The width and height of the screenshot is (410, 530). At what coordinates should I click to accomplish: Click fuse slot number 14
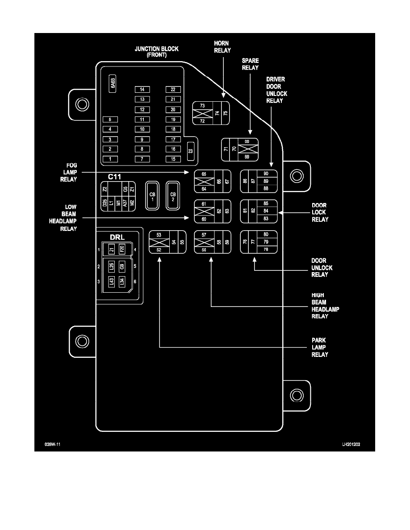(x=142, y=90)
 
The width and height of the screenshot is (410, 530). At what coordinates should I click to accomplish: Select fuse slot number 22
(x=173, y=90)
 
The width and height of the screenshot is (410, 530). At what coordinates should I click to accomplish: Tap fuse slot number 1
(x=110, y=159)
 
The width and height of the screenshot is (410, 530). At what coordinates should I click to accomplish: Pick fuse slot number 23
(x=190, y=151)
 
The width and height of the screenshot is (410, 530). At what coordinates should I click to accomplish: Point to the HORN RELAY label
(x=222, y=46)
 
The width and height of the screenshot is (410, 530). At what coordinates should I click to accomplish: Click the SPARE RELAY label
(x=250, y=64)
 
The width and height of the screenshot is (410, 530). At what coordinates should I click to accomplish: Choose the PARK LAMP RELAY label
(x=320, y=347)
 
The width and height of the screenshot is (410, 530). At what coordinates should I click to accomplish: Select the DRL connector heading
(x=117, y=236)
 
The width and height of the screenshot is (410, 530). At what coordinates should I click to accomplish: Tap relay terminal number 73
(x=202, y=106)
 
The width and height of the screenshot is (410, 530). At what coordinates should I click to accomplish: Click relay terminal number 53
(x=159, y=234)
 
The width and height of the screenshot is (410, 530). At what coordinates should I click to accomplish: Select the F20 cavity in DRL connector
(x=122, y=249)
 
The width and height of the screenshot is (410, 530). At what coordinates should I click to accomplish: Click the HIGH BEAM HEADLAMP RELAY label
(x=320, y=306)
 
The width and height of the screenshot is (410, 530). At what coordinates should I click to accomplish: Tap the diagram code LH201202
(x=351, y=445)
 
